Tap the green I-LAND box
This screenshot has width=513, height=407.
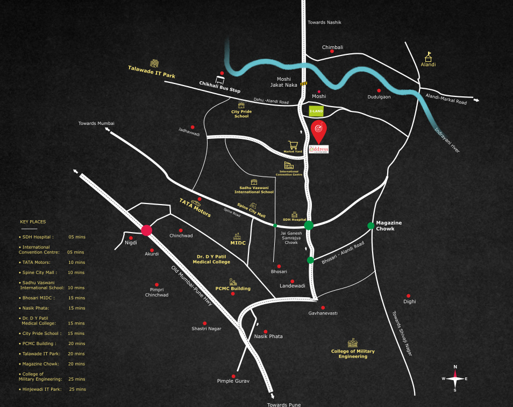[316, 111]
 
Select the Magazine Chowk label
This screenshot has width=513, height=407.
[389, 226]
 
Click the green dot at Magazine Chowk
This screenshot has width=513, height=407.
[370, 226]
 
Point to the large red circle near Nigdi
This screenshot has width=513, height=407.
[146, 230]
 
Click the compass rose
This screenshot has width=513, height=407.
[455, 378]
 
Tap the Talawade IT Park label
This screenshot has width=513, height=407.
[152, 72]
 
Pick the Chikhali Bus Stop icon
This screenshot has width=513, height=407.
[220, 79]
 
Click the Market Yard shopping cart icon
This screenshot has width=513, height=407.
[293, 145]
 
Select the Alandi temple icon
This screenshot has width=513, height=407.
[429, 56]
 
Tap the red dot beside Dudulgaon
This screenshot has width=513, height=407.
[379, 90]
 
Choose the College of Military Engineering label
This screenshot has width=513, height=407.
[353, 354]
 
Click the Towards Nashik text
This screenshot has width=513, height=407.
[324, 22]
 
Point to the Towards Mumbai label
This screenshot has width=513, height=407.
[96, 123]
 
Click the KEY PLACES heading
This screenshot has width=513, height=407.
[33, 221]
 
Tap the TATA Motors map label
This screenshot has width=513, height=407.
[195, 207]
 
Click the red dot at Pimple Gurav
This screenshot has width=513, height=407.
[233, 376]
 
